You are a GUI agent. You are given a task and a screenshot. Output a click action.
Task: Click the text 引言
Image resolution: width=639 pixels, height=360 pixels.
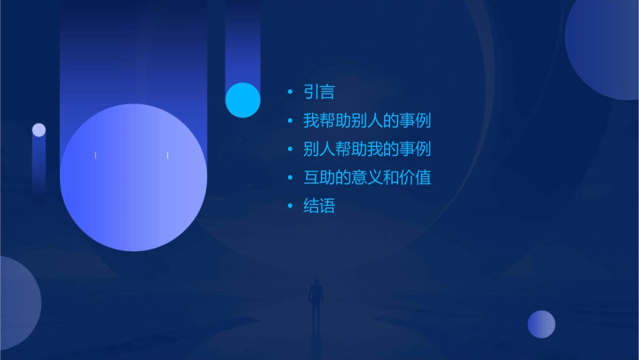pos(319,92)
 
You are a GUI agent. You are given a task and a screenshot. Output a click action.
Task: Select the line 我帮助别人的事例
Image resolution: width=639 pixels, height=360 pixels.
pos(367,121)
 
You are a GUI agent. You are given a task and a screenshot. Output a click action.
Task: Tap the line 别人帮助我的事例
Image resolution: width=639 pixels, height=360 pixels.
pos(367,149)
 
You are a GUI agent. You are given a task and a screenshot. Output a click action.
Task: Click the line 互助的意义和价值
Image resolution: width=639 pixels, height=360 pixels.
pos(367,178)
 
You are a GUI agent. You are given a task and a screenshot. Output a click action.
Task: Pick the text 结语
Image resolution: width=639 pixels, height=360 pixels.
pos(319,207)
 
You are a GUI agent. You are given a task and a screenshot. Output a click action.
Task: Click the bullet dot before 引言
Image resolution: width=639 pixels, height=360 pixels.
pos(289,92)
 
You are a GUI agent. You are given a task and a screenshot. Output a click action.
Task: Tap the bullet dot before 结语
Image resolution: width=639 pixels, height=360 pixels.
pos(289,207)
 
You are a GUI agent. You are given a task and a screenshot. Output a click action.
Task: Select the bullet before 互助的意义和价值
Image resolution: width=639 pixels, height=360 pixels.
pos(289,178)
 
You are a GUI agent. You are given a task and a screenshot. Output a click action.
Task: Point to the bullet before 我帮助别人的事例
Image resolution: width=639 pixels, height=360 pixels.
pos(289,121)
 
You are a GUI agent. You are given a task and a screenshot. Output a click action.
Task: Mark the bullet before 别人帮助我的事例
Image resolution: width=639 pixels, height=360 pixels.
pos(289,149)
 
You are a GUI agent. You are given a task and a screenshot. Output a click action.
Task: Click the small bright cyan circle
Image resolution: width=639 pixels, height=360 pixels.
pos(243,100)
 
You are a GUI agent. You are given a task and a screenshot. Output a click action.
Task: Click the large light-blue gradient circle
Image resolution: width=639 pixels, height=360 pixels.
pos(133,178)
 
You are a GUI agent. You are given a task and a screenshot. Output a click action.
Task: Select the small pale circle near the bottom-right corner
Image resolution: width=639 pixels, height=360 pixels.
pos(541,324)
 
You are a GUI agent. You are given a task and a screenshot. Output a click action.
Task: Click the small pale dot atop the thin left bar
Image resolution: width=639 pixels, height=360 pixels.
pos(39,130)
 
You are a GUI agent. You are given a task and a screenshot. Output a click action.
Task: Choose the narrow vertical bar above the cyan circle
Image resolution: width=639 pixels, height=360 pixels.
pos(243,40)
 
